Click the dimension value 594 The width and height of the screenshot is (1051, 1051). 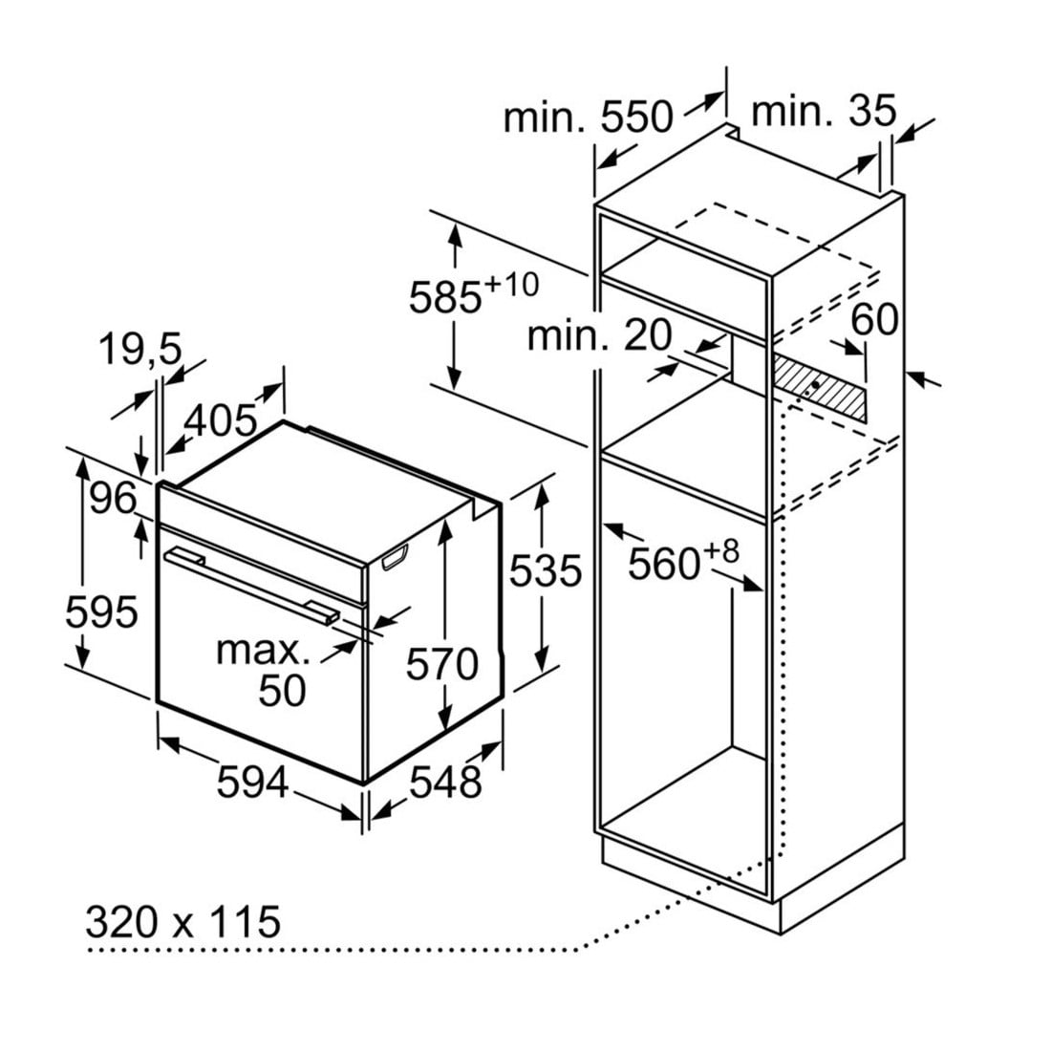[x=252, y=783]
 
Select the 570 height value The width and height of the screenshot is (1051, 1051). [x=441, y=663]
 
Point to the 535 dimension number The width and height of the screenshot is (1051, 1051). [x=545, y=571]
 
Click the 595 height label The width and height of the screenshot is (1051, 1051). [x=102, y=611]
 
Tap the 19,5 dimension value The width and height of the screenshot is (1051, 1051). [x=139, y=350]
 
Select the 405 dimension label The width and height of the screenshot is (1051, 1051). [x=221, y=419]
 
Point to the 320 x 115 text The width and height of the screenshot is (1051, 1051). [x=183, y=922]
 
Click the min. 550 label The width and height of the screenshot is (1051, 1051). [x=588, y=118]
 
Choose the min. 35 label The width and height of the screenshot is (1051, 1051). [x=824, y=112]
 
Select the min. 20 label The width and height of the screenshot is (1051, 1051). [x=600, y=335]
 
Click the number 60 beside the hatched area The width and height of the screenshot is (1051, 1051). [x=874, y=320]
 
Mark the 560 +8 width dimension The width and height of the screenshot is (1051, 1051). [x=682, y=562]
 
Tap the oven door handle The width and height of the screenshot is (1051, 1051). [x=251, y=581]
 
